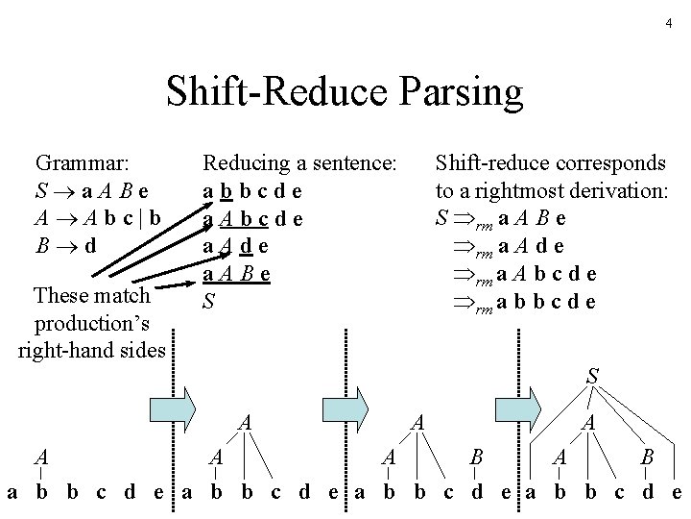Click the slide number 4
tap(668, 22)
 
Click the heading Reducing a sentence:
tap(299, 162)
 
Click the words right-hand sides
tap(92, 348)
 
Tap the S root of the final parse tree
tap(592, 378)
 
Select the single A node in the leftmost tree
tap(39, 455)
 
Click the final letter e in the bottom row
tap(677, 494)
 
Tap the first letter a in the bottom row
tap(12, 494)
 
